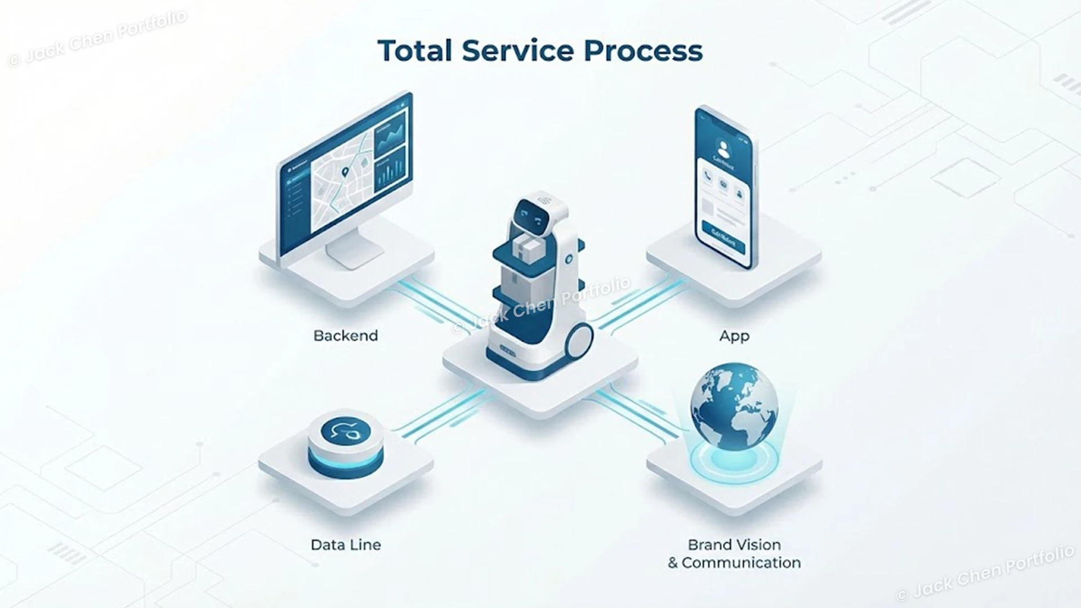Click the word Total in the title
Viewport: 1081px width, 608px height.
click(x=415, y=51)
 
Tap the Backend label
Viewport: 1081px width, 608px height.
click(x=345, y=336)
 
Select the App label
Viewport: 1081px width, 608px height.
click(x=734, y=336)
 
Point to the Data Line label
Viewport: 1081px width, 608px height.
click(x=346, y=544)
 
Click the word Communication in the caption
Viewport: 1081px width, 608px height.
click(x=741, y=562)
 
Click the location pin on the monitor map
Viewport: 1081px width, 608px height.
click(x=345, y=171)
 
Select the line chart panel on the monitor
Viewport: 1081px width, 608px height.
click(x=391, y=135)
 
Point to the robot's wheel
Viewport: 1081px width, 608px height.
click(x=579, y=342)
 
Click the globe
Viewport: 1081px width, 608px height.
click(x=734, y=406)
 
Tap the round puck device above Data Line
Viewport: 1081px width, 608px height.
click(x=346, y=444)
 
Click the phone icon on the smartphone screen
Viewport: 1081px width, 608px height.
click(x=708, y=179)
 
